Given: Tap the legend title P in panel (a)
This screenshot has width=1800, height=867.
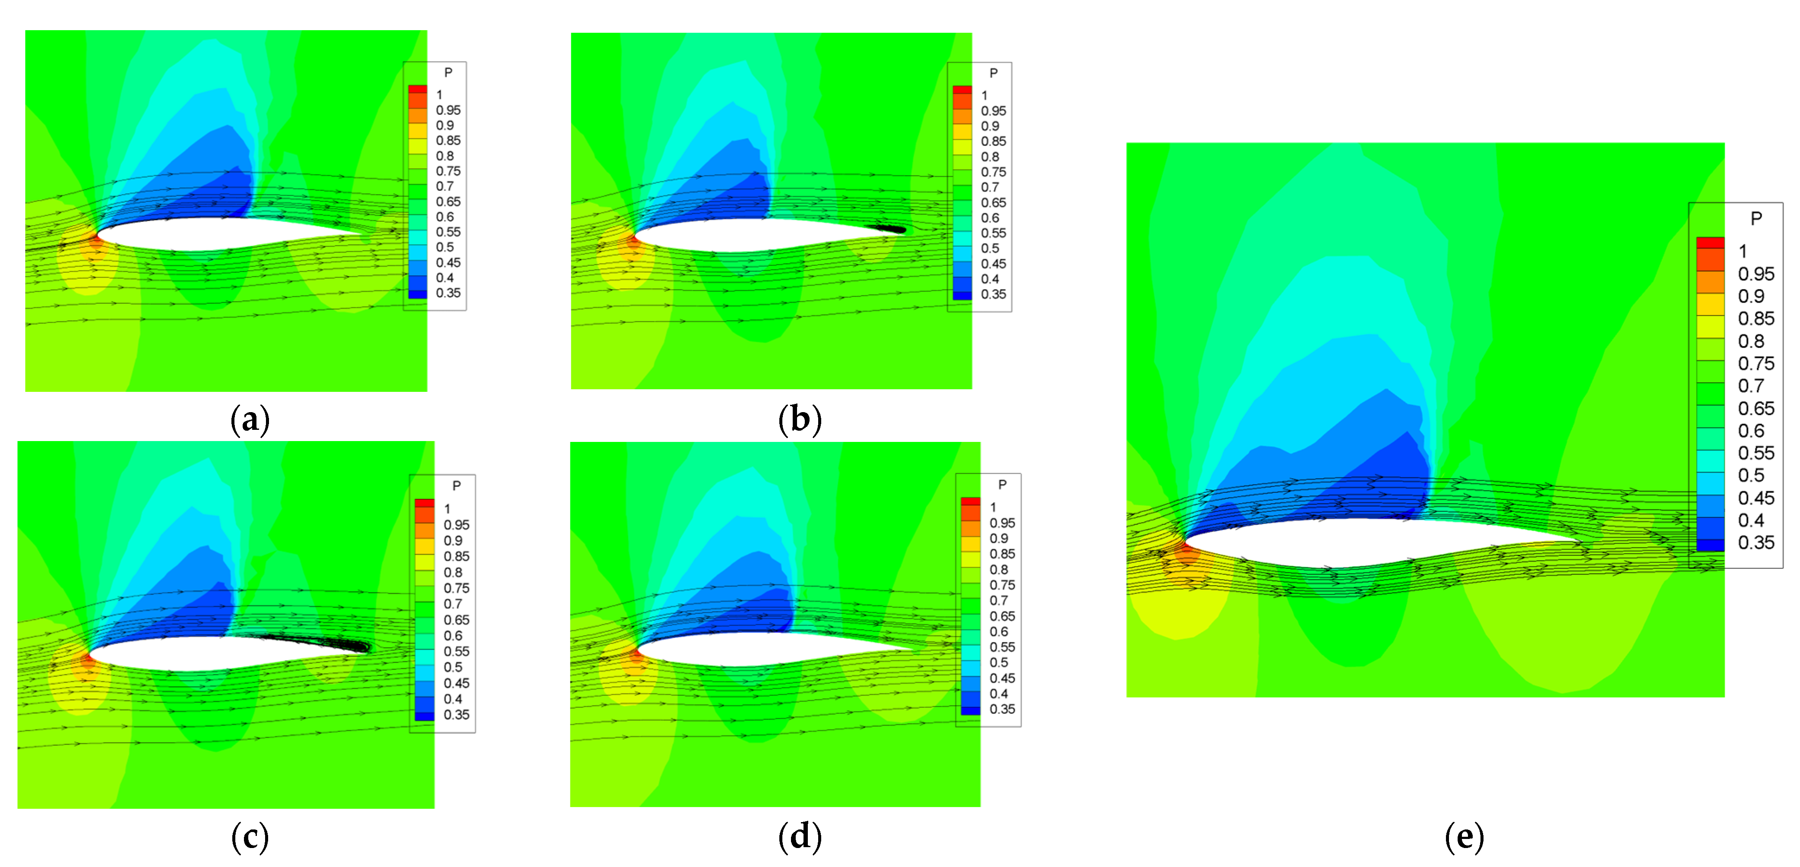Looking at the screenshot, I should point(448,73).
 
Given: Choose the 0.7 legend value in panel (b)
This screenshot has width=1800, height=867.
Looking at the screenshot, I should point(990,187).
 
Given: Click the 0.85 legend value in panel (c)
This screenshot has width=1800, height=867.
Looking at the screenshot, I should point(456,557).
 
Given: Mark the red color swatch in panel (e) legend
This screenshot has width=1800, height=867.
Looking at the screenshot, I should point(1710,243).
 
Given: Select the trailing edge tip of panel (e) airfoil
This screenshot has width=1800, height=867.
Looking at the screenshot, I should point(1579,542).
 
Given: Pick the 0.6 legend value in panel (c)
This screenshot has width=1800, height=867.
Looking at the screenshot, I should point(453,636).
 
